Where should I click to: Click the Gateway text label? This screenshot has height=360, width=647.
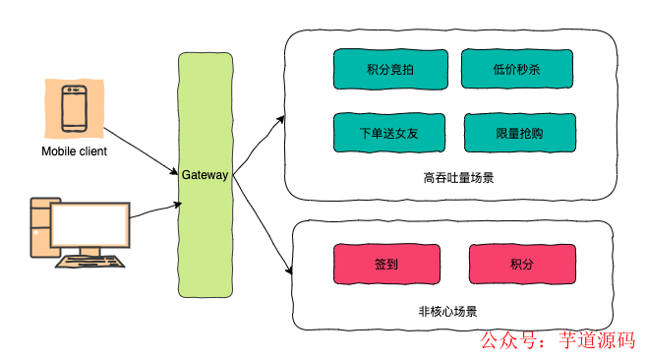[205, 175]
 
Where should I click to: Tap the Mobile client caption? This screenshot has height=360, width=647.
[74, 151]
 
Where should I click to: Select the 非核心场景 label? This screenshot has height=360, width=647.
[447, 311]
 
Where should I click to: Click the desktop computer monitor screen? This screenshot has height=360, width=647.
[89, 225]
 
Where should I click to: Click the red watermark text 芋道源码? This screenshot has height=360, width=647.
[595, 340]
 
